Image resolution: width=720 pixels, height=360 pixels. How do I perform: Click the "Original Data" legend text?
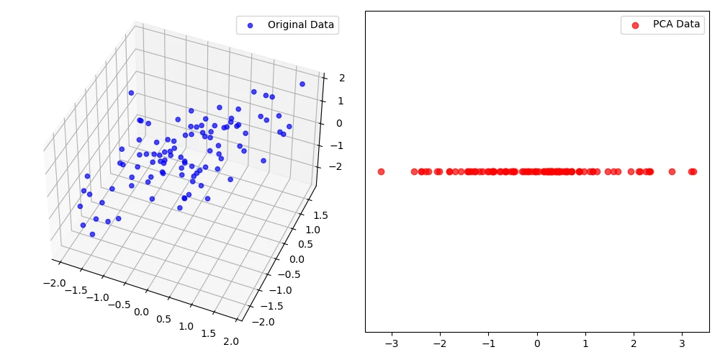(x=301, y=24)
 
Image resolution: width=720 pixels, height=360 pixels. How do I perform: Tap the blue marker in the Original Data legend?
(x=251, y=24)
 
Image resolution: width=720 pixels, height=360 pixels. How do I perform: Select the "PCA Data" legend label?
(x=676, y=24)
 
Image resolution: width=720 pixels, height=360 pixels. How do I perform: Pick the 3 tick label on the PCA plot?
(x=682, y=343)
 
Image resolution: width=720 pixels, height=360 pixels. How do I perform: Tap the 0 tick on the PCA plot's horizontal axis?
(x=537, y=343)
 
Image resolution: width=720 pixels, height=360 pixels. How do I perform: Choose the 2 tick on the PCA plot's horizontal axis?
(x=634, y=343)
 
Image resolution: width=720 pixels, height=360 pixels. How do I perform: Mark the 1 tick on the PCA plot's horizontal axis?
(x=585, y=343)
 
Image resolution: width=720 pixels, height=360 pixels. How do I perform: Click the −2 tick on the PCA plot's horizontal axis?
(x=438, y=343)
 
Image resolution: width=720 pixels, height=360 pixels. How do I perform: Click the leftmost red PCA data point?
(x=381, y=171)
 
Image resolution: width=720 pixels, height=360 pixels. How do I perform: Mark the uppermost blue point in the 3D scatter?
(x=302, y=84)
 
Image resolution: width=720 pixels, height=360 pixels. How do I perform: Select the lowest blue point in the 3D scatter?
(x=92, y=234)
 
